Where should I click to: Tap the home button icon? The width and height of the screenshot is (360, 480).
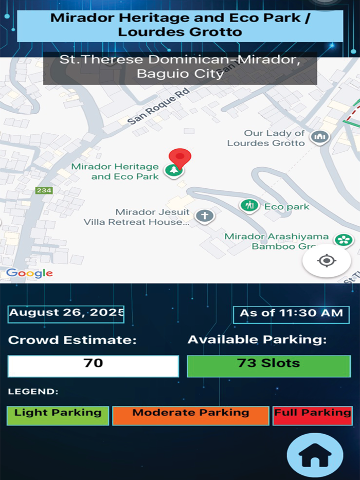[x=315, y=455]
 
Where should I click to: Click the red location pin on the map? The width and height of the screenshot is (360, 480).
[x=179, y=157]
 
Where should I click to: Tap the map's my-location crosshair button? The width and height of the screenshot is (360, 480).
[x=327, y=261]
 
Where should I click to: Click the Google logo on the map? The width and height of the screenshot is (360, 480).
[x=29, y=273]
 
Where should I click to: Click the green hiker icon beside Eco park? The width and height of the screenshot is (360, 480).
[x=249, y=206]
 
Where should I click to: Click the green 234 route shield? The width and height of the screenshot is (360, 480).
[x=44, y=190]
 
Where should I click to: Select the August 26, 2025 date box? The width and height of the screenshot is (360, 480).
[x=66, y=313]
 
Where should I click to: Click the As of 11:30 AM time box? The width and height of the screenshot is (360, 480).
[x=291, y=313]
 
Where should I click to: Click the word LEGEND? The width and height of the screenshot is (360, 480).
[x=33, y=392]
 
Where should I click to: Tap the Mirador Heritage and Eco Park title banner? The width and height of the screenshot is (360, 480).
[x=180, y=25]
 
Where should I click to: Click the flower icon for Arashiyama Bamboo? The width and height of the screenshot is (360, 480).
[x=342, y=240]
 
